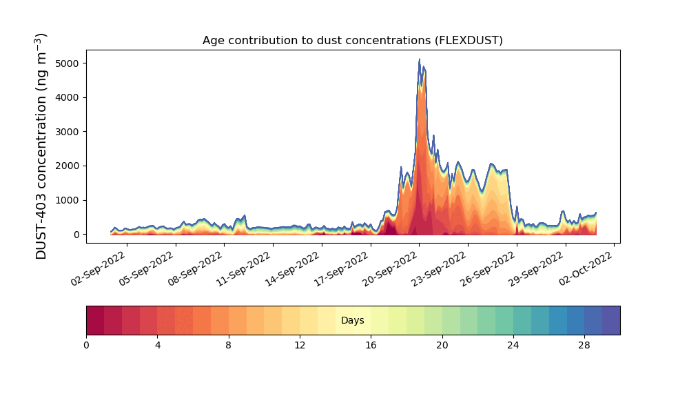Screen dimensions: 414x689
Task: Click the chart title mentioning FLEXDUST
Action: coord(352,40)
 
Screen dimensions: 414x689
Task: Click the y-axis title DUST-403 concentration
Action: coord(42,146)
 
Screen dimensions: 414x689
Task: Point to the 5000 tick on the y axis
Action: coord(67,63)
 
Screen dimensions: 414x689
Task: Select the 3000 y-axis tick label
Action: coord(67,132)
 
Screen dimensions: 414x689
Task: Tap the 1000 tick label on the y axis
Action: coord(67,200)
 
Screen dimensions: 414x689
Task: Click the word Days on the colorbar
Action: coord(353,320)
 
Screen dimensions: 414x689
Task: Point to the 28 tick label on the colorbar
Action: coord(584,345)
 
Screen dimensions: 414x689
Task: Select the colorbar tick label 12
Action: coord(300,345)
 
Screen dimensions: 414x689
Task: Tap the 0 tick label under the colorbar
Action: coord(86,345)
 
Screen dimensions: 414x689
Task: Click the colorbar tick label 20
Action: coord(442,345)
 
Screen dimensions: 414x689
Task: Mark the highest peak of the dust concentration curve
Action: coord(419,59)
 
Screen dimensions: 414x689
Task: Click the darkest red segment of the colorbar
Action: coord(95,320)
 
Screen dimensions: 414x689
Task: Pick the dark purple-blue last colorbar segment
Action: coord(611,320)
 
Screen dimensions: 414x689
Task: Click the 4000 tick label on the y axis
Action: coord(67,97)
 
